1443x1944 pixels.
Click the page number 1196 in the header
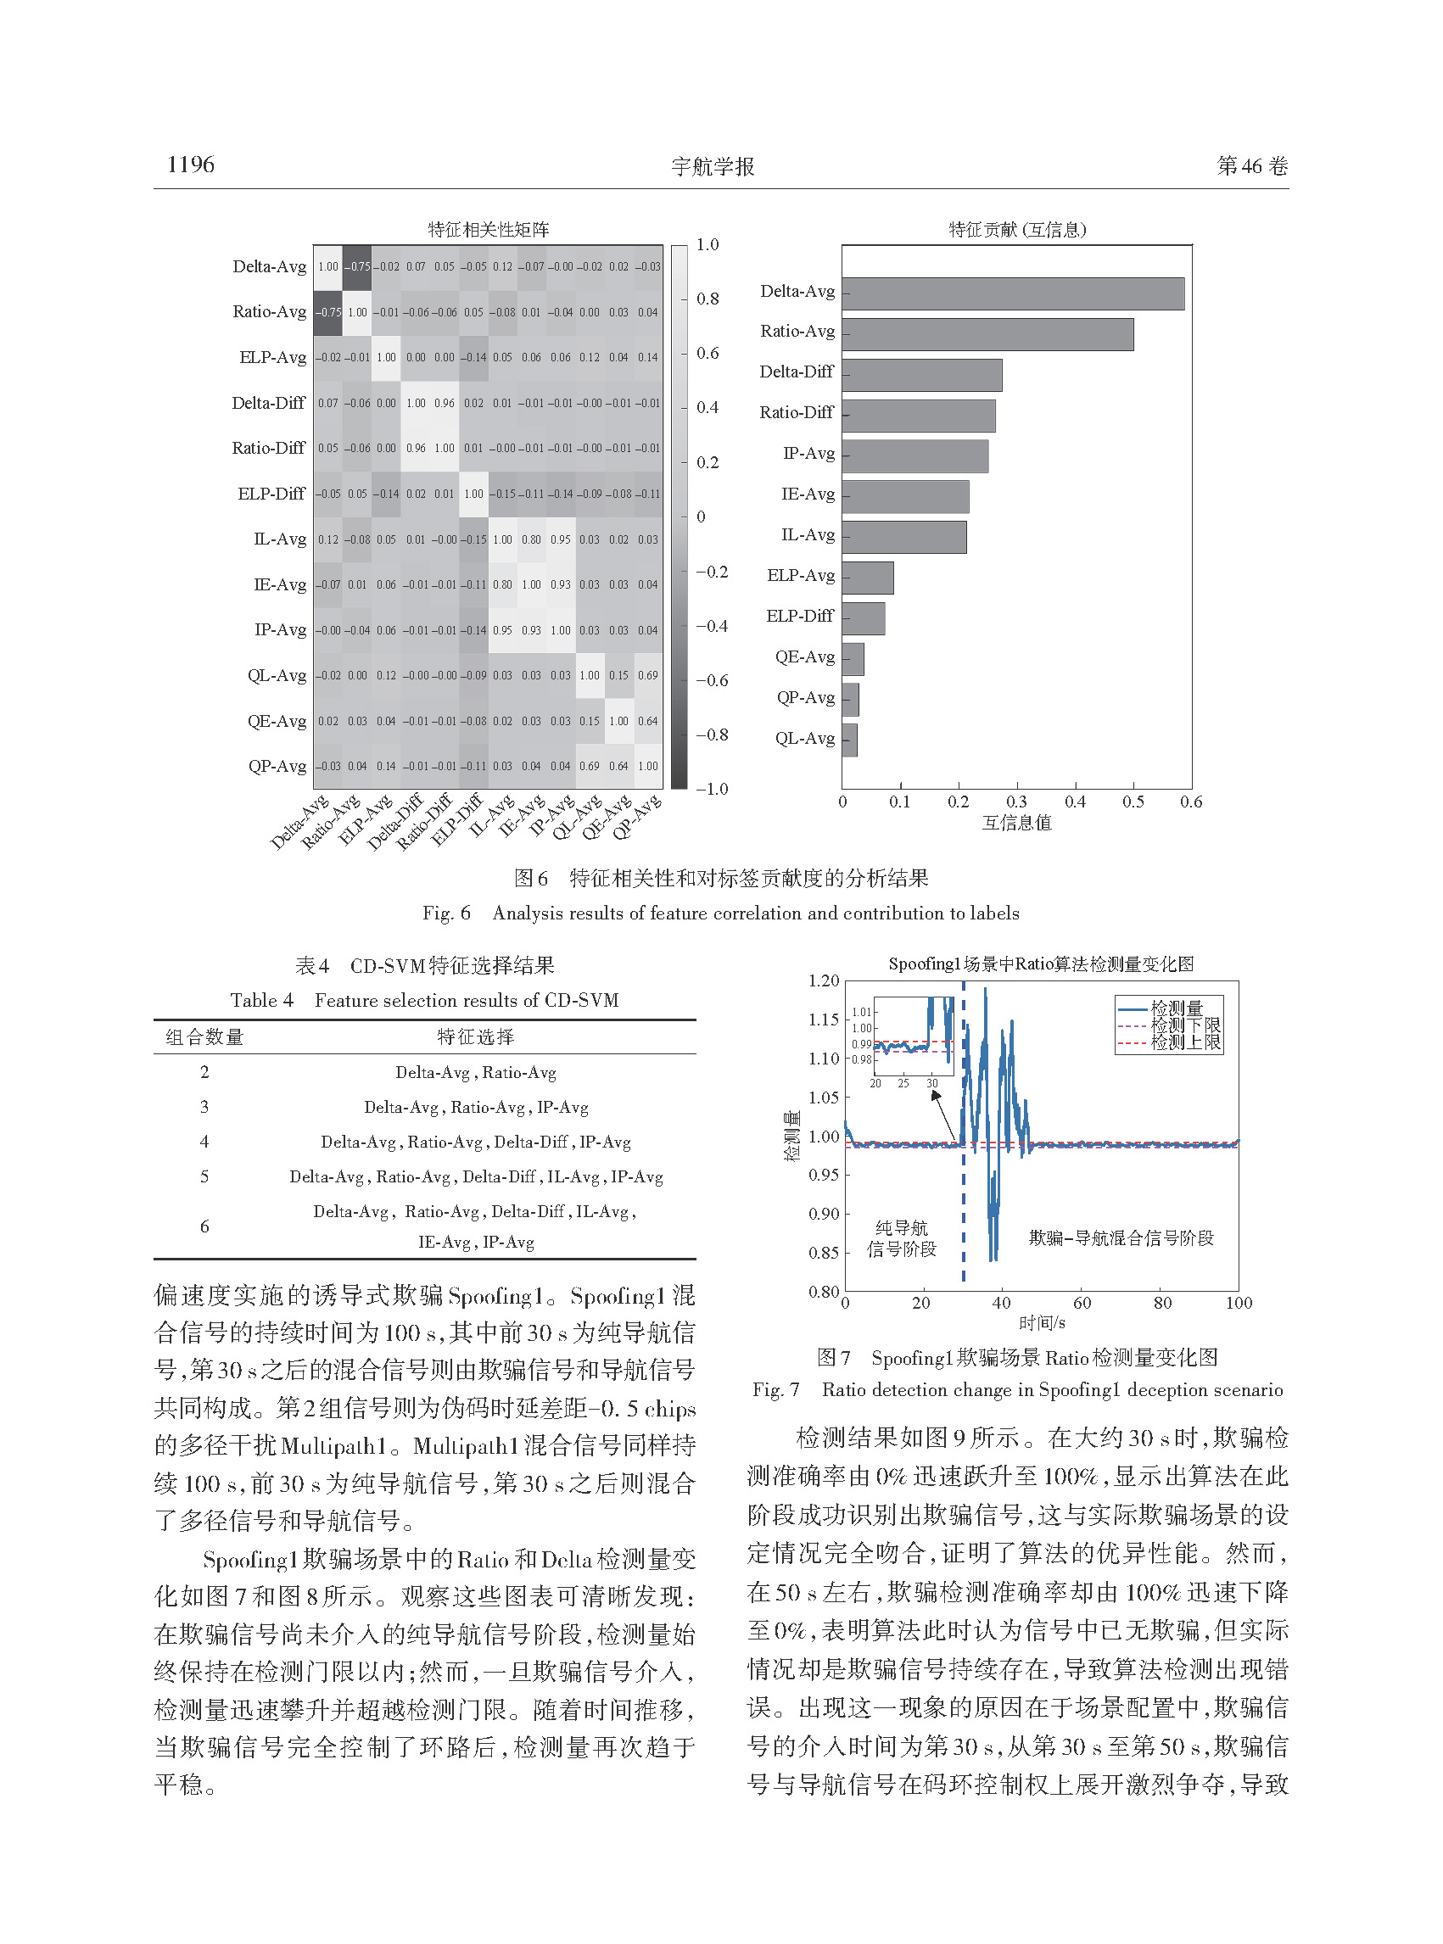tap(190, 165)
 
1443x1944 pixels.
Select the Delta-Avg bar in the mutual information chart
tap(1012, 293)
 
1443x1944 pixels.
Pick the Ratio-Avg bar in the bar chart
tap(987, 334)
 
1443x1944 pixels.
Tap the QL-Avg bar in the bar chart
tap(849, 740)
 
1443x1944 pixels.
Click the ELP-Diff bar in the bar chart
tap(863, 618)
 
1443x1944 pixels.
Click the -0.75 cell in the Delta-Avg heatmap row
tap(357, 266)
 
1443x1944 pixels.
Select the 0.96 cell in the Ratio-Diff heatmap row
tap(416, 448)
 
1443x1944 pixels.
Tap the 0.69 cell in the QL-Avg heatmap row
tap(647, 675)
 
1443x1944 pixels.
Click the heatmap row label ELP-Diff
tap(271, 494)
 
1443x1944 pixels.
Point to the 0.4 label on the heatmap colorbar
tap(708, 408)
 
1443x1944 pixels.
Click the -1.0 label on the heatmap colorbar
tap(712, 789)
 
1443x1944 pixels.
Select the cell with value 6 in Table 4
tap(204, 1226)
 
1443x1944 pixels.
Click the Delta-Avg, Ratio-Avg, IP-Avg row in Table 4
tap(476, 1108)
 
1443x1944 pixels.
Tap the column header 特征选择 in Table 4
tap(476, 1036)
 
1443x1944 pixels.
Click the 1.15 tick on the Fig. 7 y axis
tap(824, 1019)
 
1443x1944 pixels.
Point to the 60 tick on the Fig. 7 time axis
tap(1082, 1303)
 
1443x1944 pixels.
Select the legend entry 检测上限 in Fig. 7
tap(1185, 1042)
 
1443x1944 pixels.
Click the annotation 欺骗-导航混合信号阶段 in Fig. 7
tap(1121, 1237)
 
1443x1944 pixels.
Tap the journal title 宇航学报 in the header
tap(713, 167)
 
